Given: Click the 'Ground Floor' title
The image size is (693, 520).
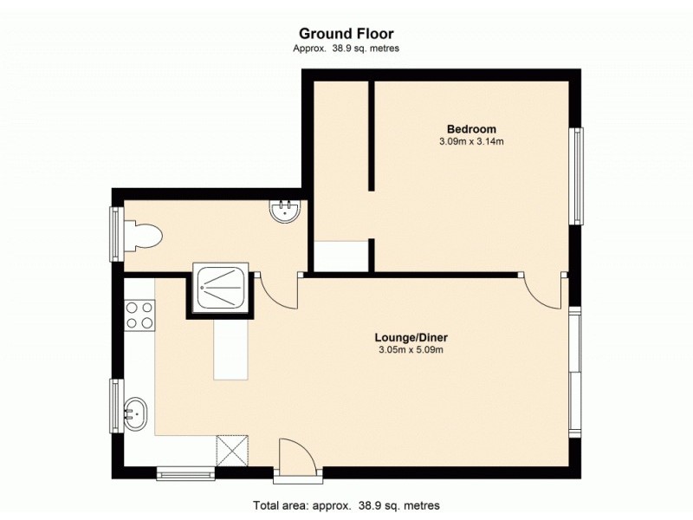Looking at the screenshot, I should tap(346, 35).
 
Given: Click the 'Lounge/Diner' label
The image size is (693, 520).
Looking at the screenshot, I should tap(411, 337).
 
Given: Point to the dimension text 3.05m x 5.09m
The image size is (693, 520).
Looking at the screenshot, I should tap(411, 350).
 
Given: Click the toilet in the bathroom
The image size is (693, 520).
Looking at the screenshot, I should tap(144, 235).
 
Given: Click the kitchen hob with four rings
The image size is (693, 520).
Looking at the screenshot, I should tap(139, 314).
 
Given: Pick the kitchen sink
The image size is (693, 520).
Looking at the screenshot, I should tap(135, 413).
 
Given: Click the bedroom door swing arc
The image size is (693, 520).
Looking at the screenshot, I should tap(541, 290).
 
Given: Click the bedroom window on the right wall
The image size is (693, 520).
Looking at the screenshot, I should tap(575, 176).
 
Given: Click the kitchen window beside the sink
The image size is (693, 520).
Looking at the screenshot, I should tap(115, 406).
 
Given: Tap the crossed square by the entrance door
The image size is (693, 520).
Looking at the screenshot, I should tap(231, 451).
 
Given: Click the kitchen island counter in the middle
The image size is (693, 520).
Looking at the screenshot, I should tap(230, 347).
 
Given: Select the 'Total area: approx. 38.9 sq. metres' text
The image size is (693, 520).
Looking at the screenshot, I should tap(346, 505).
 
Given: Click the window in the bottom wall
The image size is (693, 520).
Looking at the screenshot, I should tap(185, 473).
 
